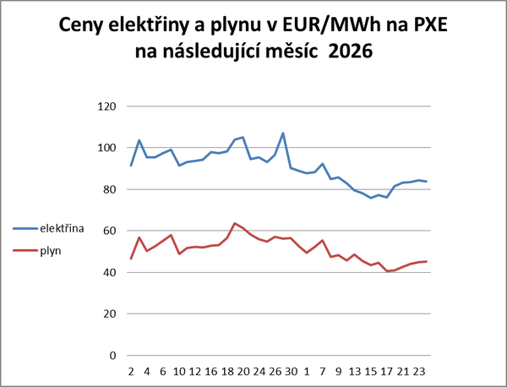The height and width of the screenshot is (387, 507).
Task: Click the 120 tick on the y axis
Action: point(105,106)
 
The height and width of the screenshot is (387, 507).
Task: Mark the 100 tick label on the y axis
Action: point(105,148)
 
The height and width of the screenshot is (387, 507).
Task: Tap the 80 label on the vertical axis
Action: point(107,189)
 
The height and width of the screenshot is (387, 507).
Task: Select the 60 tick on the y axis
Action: point(107,231)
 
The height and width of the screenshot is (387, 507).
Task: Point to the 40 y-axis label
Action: point(107,272)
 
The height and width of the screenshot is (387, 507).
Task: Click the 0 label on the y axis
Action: point(111,355)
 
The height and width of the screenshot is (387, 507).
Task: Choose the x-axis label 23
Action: point(419,372)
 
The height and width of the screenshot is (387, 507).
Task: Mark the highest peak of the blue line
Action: point(283,134)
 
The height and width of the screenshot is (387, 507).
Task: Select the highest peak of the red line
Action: point(234,223)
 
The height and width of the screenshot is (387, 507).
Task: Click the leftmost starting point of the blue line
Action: point(130,166)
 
